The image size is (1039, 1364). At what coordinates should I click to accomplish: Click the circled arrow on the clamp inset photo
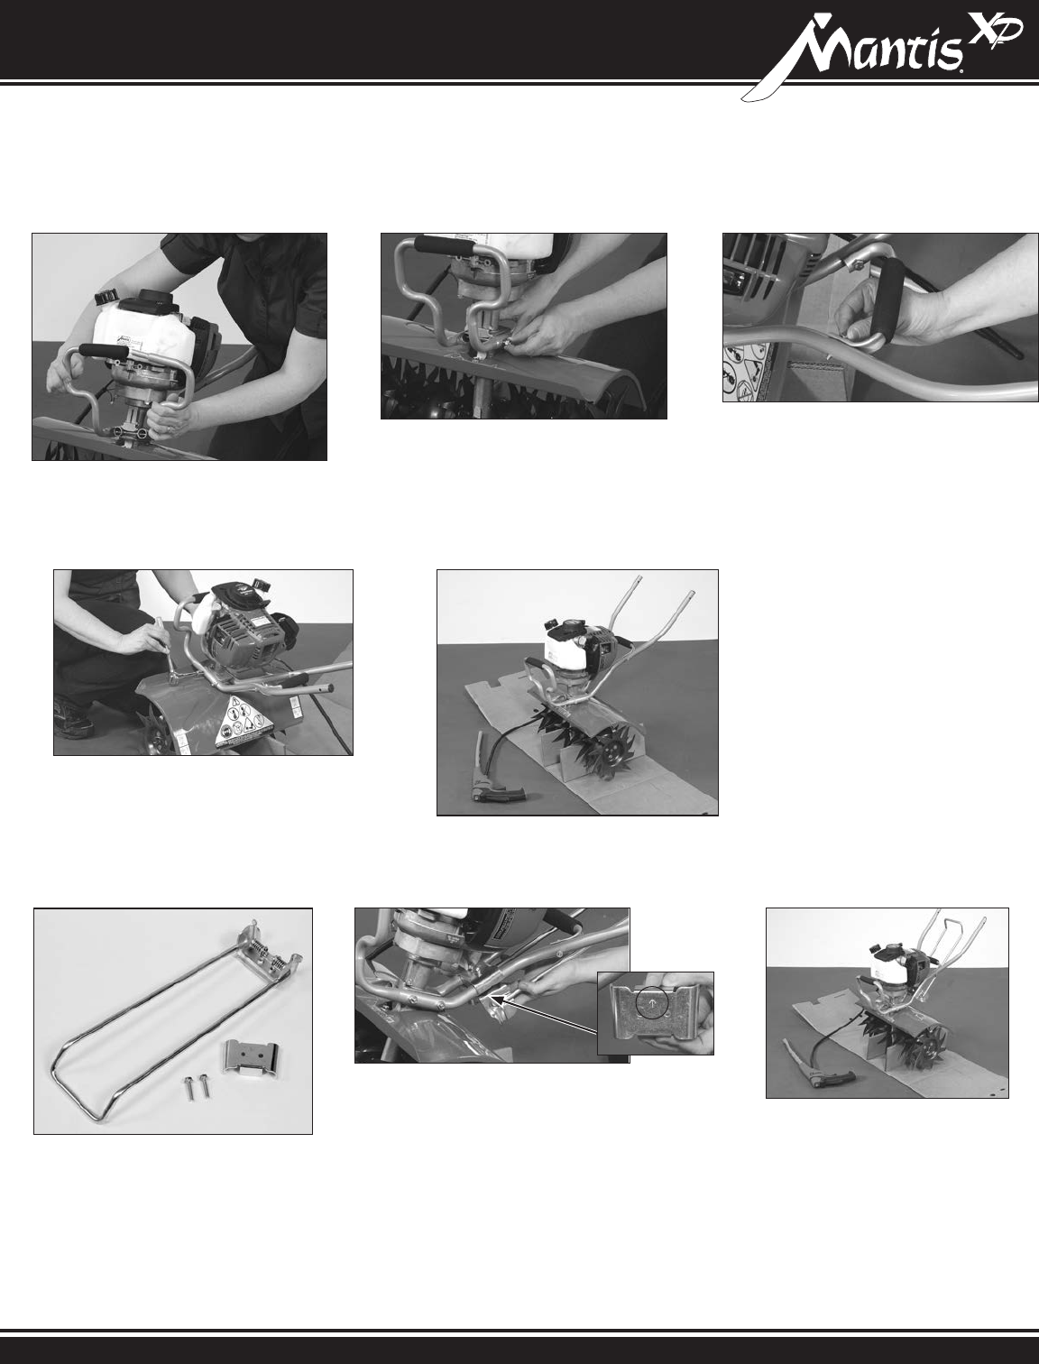tap(651, 1005)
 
